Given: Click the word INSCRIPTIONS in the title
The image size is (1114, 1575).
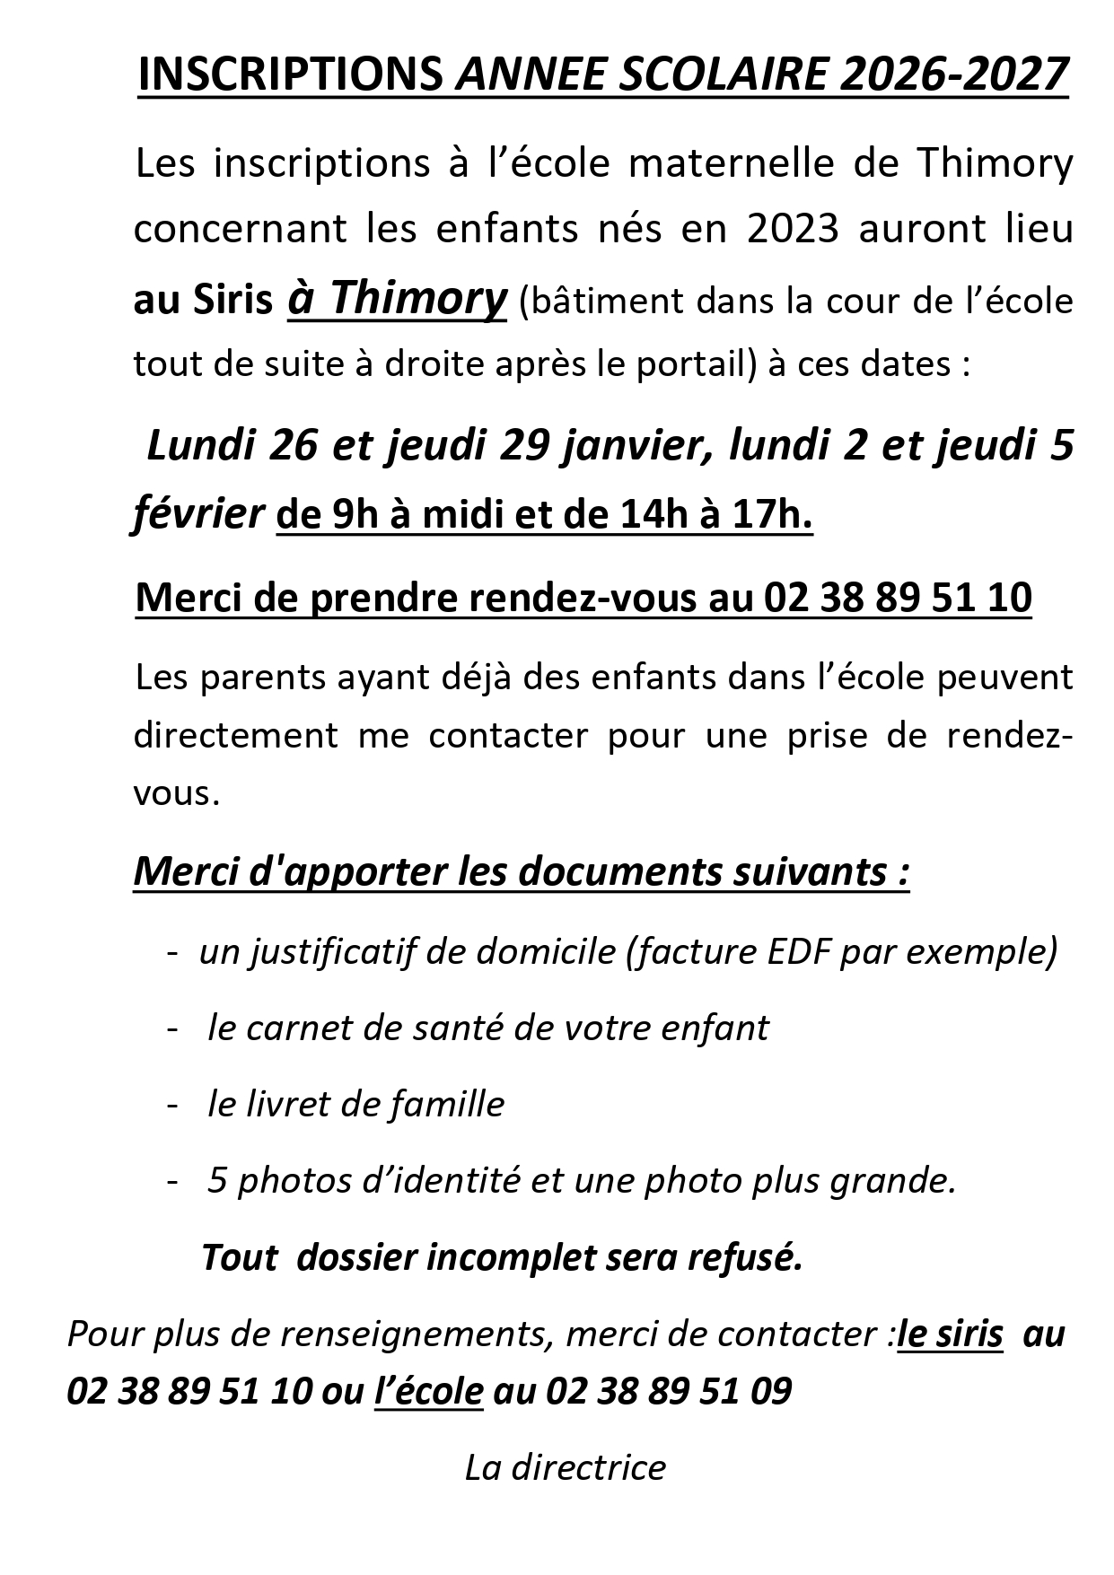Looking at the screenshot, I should point(289,74).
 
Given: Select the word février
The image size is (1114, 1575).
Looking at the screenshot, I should point(197,514).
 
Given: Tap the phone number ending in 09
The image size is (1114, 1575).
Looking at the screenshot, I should point(668,1391).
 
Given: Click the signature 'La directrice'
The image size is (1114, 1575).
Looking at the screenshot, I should point(566,1467).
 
